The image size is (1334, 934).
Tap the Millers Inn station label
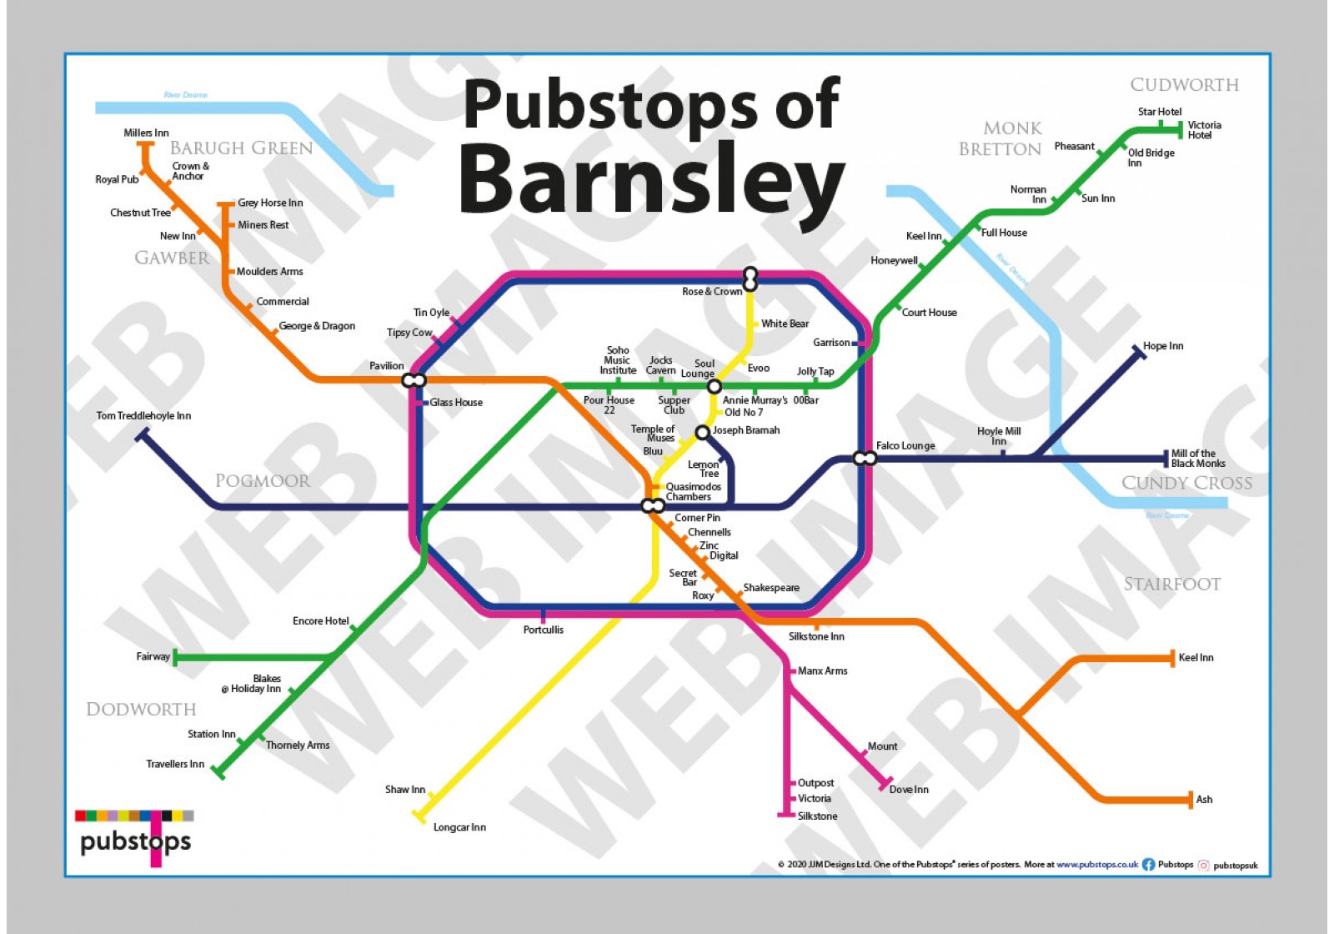click(x=146, y=133)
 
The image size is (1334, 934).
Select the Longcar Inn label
click(x=459, y=827)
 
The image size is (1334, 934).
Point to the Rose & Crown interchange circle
click(x=750, y=278)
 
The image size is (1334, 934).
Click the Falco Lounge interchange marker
click(x=865, y=458)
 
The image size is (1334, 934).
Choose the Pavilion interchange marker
click(x=414, y=380)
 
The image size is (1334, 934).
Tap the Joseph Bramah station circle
click(x=702, y=432)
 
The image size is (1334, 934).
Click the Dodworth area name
click(x=141, y=709)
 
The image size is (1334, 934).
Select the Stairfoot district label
click(x=1171, y=584)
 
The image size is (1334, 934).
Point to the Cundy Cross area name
click(x=1186, y=483)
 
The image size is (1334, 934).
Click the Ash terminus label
click(x=1204, y=799)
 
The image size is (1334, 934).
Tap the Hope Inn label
click(x=1163, y=345)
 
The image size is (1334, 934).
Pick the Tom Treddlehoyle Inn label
click(x=143, y=415)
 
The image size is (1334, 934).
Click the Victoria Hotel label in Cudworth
click(x=1204, y=130)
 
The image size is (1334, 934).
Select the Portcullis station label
click(x=544, y=630)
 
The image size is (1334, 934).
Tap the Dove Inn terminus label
click(x=909, y=789)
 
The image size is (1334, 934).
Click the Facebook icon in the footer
click(x=1148, y=865)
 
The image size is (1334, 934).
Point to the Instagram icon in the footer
click(x=1203, y=865)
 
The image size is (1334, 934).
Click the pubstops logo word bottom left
click(x=135, y=841)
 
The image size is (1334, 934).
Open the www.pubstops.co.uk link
click(x=1097, y=865)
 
